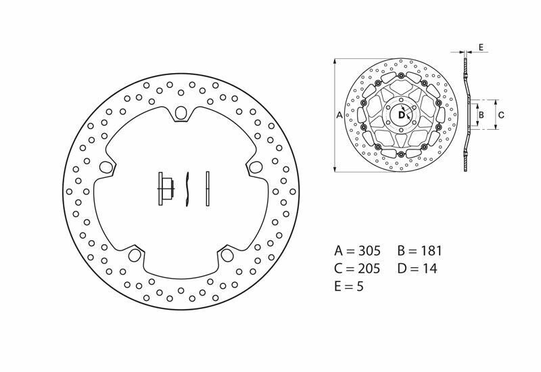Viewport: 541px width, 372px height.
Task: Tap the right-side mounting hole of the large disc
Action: pyautogui.click(x=255, y=167)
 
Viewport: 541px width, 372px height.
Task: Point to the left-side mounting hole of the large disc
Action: pyautogui.click(x=105, y=167)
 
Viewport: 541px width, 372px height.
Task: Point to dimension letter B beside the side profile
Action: pyautogui.click(x=481, y=115)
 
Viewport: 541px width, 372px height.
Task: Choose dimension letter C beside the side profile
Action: pyautogui.click(x=501, y=115)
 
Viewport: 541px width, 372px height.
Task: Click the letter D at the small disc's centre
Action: pyautogui.click(x=401, y=116)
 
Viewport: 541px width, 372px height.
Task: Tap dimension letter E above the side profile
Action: pyautogui.click(x=481, y=47)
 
